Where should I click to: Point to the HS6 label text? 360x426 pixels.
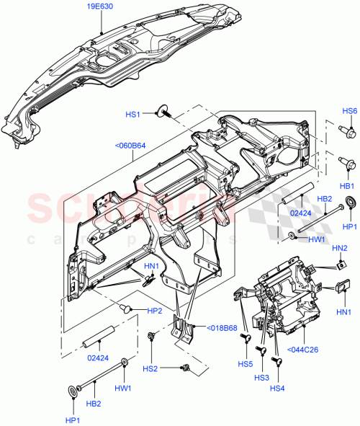[x=349, y=111]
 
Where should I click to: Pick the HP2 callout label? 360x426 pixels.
[x=154, y=311]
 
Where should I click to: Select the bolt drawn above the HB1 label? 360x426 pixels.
[x=348, y=164]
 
